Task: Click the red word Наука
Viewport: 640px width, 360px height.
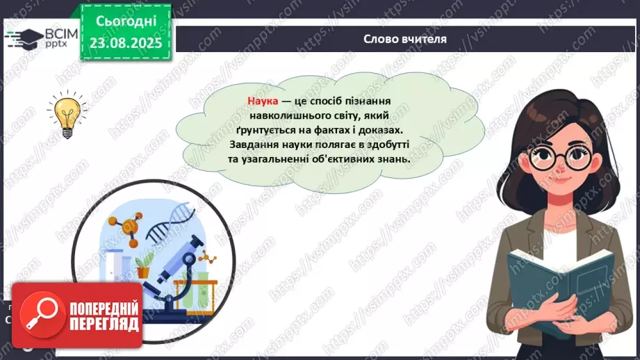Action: point(263,101)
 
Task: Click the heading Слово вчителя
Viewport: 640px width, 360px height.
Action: point(405,39)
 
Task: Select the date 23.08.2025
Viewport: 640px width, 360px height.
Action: point(126,43)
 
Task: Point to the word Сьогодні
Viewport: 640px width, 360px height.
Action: point(126,22)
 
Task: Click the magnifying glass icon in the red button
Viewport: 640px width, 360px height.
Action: point(42,315)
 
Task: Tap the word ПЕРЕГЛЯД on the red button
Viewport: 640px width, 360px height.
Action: point(104,325)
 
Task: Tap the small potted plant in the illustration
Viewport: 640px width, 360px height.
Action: point(143,266)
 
